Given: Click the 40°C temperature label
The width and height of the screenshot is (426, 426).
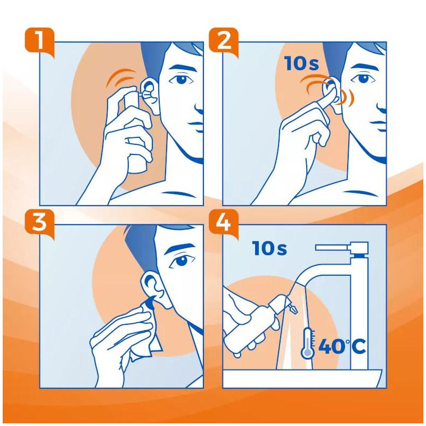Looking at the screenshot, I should point(341,347).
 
